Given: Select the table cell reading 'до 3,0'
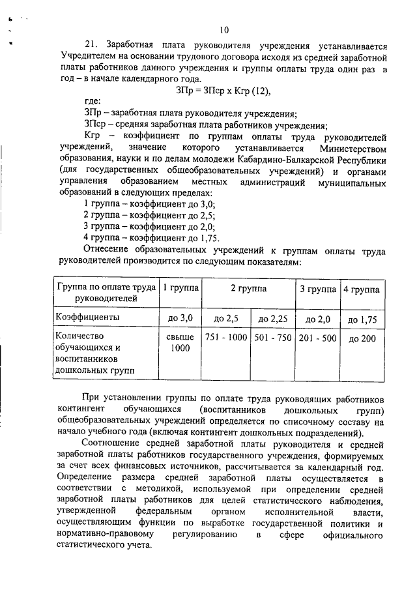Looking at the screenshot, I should point(181,318).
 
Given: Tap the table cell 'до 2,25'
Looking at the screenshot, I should point(272,319).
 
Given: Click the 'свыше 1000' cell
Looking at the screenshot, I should point(181,343).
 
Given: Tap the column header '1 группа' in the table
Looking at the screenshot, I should point(181,288).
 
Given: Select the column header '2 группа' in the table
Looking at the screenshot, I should point(249,288).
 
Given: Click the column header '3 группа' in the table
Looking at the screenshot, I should point(317,288).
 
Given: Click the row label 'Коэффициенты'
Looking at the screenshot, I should point(87,317).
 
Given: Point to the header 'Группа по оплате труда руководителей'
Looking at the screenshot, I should point(106,293).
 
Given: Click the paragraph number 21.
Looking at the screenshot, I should point(91,46).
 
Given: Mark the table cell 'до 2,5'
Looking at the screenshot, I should point(226,319).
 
